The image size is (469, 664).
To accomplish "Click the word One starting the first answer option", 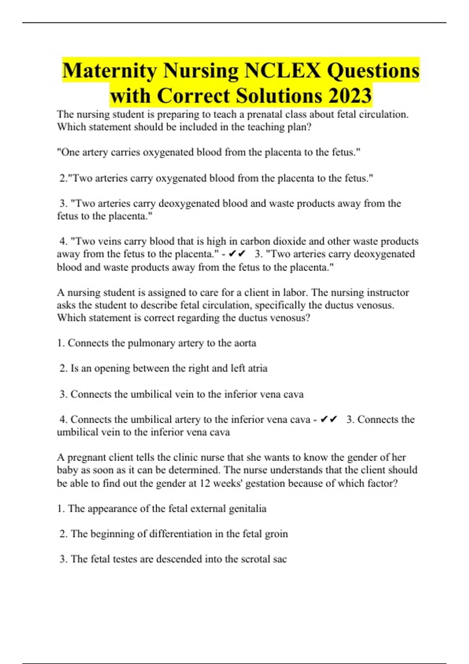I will pos(68,152).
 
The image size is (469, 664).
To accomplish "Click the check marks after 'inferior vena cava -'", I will pos(329,419).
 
